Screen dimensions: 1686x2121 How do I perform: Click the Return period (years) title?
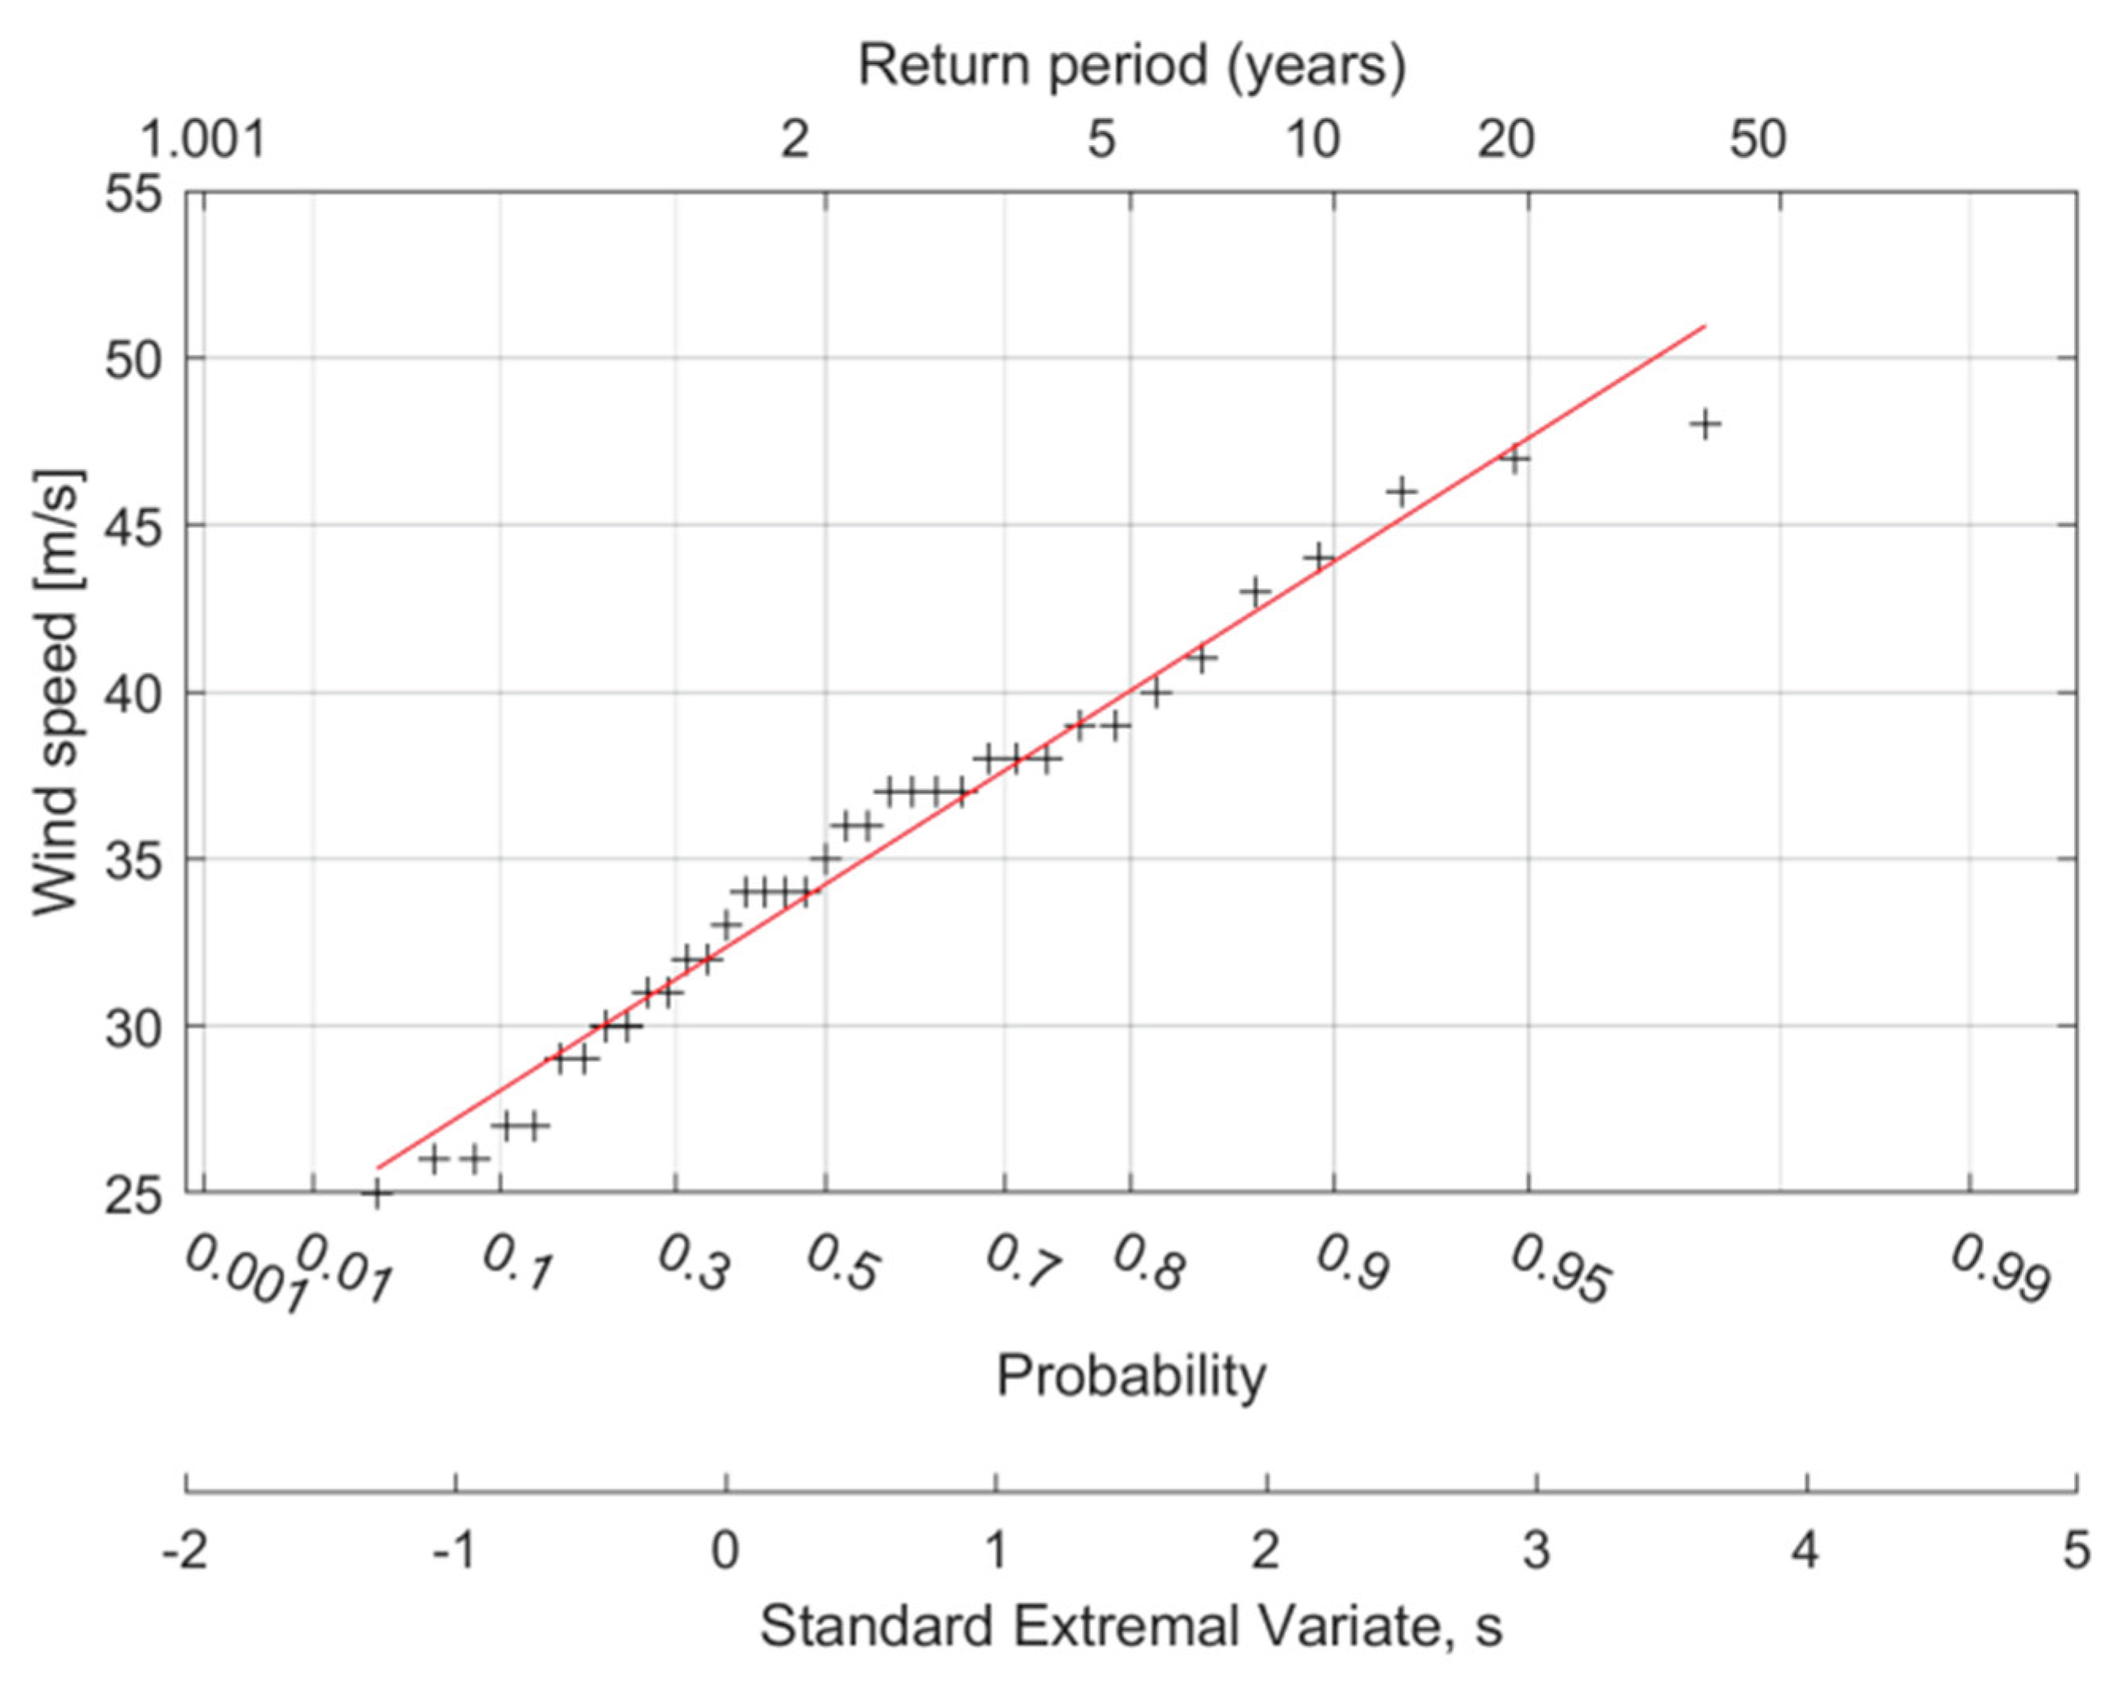(x=1131, y=66)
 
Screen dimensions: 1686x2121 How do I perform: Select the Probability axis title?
(x=1131, y=1376)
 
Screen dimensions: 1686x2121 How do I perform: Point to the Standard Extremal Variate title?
(x=1131, y=1626)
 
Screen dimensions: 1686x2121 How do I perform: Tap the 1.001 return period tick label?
(x=204, y=140)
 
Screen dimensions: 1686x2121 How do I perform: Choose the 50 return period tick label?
(x=1758, y=140)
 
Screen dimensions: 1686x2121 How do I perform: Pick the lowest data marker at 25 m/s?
(x=376, y=1193)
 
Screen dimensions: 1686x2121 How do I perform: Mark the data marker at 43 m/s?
(x=1254, y=592)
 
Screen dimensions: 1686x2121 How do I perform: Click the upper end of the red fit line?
(x=1704, y=325)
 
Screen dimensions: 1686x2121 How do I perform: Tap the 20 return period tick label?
(x=1506, y=140)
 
